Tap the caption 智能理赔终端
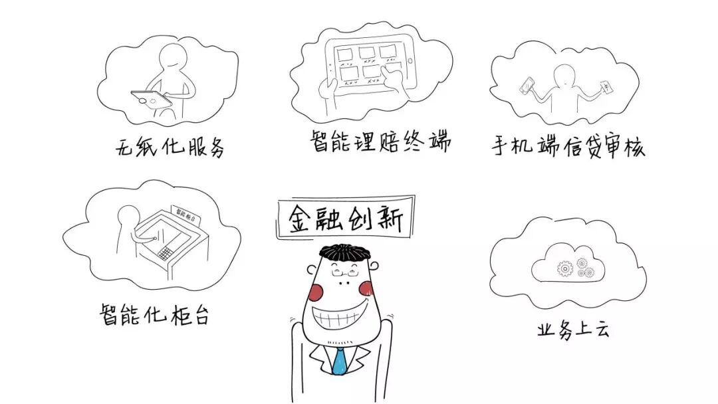[x=380, y=141]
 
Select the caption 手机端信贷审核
[x=568, y=146]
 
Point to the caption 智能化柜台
[x=155, y=314]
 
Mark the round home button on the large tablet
[x=410, y=62]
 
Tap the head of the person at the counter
[x=126, y=215]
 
